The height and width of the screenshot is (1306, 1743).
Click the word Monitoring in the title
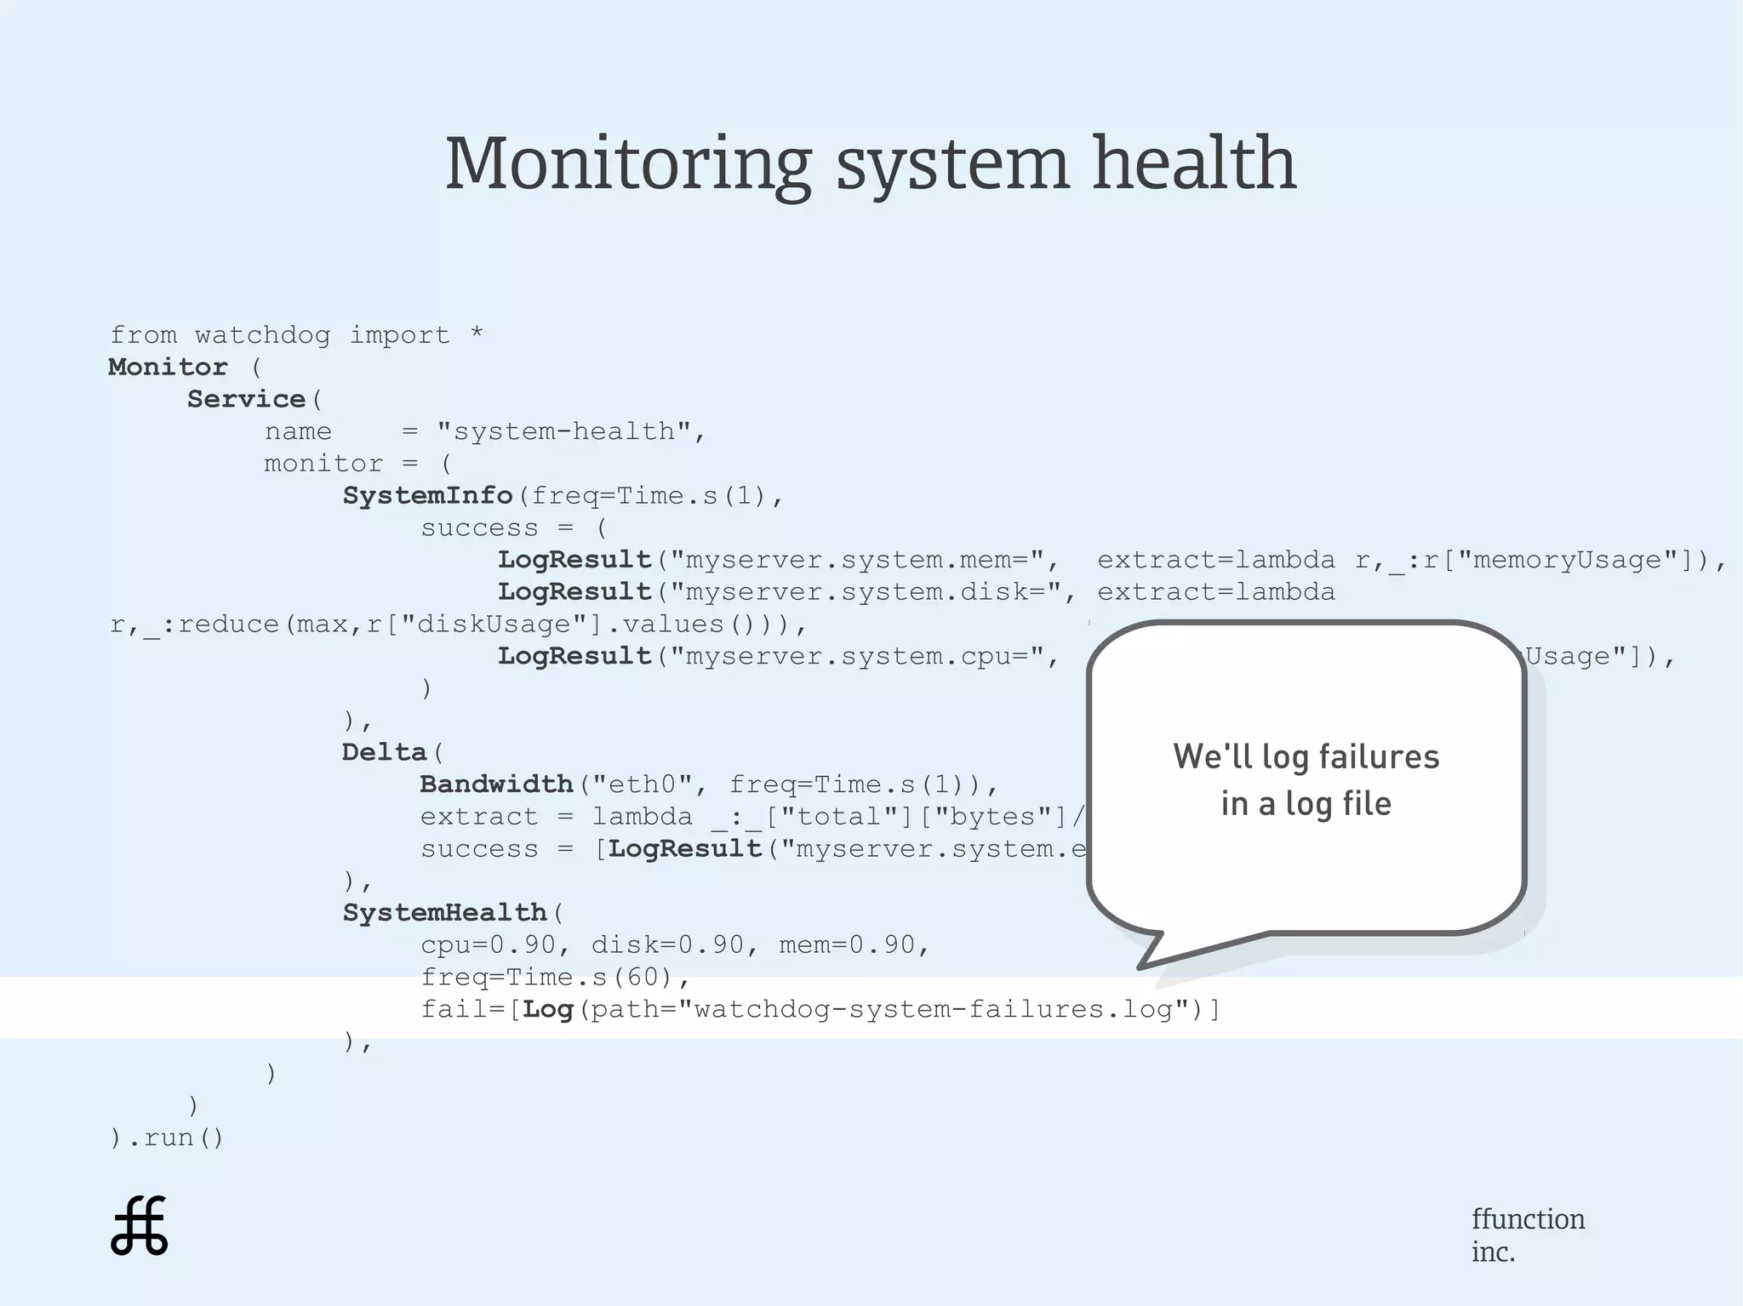628,164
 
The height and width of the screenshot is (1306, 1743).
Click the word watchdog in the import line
262,335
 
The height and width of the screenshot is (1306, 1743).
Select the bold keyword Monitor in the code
168,368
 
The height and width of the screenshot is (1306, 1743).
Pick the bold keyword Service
246,399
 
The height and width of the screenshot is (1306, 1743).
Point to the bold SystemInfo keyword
427,496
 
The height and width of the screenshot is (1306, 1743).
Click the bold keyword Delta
384,753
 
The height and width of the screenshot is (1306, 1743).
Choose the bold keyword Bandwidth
496,784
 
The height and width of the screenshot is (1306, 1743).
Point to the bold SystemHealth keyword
444,913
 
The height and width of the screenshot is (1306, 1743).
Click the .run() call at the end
174,1138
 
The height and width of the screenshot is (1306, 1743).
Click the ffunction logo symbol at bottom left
140,1226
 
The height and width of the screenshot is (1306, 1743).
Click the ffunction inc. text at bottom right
1528,1235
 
